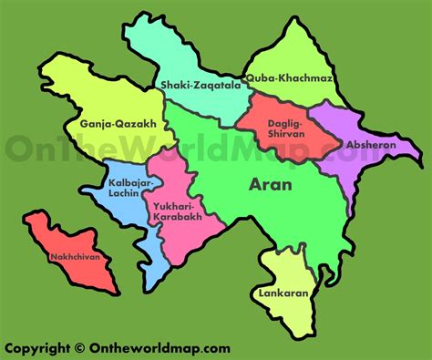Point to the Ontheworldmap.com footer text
(x=160, y=346)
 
